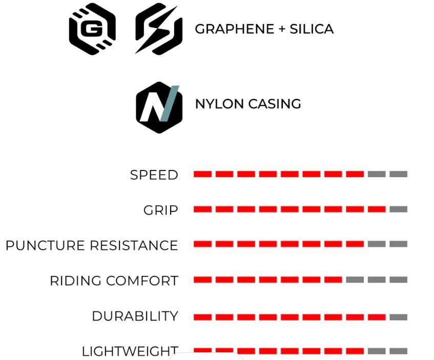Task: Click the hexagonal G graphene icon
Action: tap(92, 29)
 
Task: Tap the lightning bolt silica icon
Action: tap(159, 29)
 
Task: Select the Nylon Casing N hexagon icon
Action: tap(159, 108)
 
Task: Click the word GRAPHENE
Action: tap(235, 29)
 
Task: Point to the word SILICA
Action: tap(312, 29)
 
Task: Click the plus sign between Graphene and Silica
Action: tap(282, 29)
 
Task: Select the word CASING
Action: tap(275, 104)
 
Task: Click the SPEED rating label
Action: tap(154, 175)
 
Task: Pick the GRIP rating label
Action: tap(161, 210)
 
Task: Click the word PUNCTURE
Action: tap(46, 245)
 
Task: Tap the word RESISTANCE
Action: tap(134, 245)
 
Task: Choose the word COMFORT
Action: tap(142, 281)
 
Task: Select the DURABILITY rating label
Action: tap(135, 316)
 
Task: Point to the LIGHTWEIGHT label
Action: tap(130, 351)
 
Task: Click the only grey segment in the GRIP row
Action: tap(398, 209)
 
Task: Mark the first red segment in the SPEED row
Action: tap(202, 174)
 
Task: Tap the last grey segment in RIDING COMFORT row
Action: tap(398, 280)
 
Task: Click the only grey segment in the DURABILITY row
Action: tap(398, 317)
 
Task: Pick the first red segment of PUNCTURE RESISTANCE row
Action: tap(202, 244)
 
